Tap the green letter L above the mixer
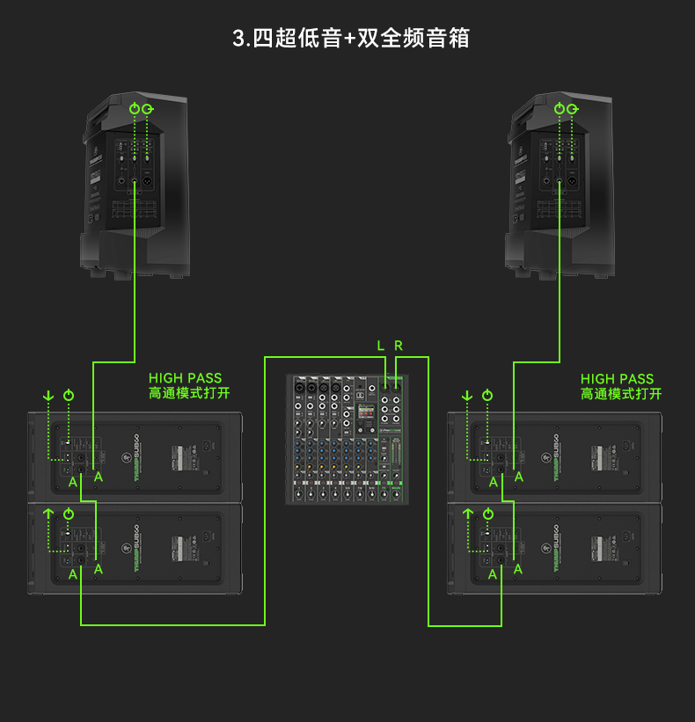click(x=381, y=346)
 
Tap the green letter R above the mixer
click(x=399, y=346)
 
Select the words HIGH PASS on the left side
click(x=185, y=379)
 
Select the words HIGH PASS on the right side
click(x=617, y=379)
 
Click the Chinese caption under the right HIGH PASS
click(x=620, y=394)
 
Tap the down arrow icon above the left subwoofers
click(x=48, y=397)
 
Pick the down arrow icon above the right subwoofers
click(x=467, y=397)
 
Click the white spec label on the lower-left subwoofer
click(x=185, y=550)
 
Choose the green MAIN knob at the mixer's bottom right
click(x=391, y=496)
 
